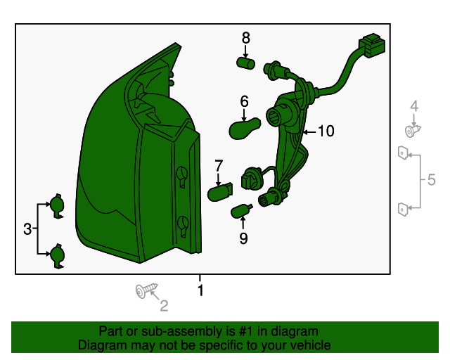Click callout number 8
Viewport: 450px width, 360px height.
[245, 38]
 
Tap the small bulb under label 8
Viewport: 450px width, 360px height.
[245, 63]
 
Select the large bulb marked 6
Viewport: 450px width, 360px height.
[245, 129]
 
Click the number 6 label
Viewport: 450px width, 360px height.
[244, 102]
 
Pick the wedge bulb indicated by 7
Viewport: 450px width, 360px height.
[220, 192]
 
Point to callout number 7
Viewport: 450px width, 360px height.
[219, 166]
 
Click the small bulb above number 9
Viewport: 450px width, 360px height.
[241, 211]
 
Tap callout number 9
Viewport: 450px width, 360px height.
[243, 238]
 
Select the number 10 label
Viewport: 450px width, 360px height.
[326, 131]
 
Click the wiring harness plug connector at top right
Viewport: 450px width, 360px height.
[372, 46]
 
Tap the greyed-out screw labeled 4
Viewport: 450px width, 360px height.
[412, 131]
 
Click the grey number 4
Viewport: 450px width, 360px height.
[414, 106]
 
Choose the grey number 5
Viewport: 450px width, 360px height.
[431, 180]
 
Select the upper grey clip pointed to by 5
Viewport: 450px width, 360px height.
[403, 153]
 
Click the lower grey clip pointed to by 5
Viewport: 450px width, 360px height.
[403, 210]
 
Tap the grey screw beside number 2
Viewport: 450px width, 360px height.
[146, 290]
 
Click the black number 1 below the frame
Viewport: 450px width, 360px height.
[200, 290]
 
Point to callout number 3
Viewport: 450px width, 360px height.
[27, 229]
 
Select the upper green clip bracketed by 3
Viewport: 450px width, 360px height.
[58, 206]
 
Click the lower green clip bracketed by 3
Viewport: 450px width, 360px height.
[58, 256]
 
